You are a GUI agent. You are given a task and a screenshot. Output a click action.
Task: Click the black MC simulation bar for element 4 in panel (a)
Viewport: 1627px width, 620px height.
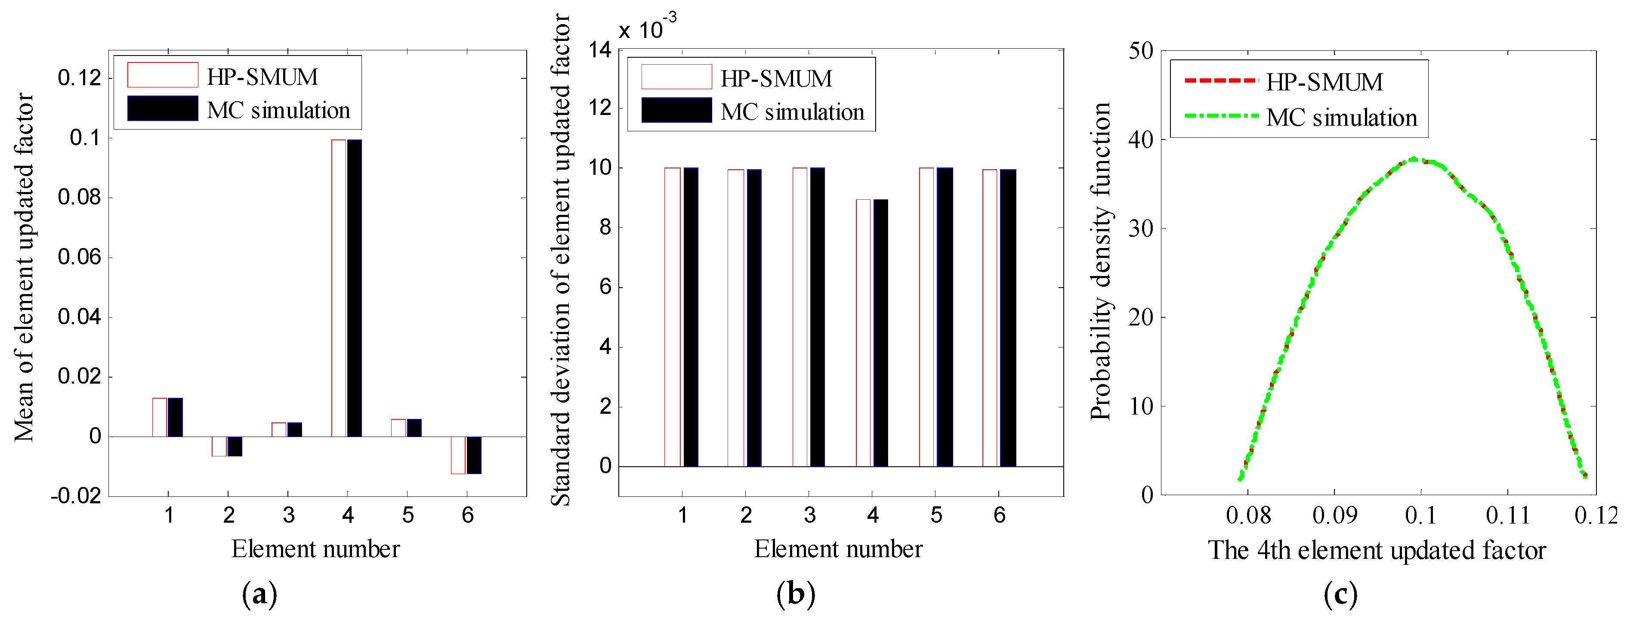(354, 288)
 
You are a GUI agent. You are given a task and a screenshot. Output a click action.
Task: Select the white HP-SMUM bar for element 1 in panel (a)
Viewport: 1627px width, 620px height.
(160, 417)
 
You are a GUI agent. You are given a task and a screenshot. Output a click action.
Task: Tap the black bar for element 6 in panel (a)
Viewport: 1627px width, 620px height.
(474, 455)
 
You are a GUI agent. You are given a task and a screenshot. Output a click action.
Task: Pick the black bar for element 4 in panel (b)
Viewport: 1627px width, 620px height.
(880, 333)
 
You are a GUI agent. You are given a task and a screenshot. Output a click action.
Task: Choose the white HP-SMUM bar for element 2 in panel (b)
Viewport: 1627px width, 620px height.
(736, 318)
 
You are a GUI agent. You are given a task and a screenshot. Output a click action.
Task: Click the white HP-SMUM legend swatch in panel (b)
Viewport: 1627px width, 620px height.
(676, 77)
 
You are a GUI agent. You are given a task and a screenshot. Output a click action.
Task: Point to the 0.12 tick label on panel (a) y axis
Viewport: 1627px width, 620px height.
(80, 78)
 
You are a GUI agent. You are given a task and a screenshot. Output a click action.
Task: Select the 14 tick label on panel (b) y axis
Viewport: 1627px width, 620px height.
(600, 50)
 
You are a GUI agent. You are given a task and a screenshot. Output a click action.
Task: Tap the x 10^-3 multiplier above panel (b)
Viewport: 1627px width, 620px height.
(647, 28)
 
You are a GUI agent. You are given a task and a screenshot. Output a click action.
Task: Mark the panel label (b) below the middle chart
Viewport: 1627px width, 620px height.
(796, 594)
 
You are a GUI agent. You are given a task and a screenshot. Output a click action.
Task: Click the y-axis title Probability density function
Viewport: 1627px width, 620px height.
(1101, 260)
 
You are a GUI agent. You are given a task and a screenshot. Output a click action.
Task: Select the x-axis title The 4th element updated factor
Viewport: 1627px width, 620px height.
(1377, 551)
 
